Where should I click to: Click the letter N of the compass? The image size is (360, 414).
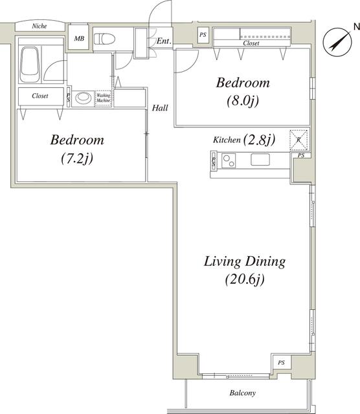[355, 26]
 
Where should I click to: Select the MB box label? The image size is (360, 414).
[79, 39]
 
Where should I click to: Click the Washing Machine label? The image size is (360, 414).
[104, 98]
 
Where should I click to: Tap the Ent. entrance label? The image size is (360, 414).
[164, 41]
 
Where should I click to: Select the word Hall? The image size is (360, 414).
[160, 108]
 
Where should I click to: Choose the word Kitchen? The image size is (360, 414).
[227, 140]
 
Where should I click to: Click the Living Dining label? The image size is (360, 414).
[245, 262]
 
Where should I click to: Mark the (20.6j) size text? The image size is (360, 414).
[245, 280]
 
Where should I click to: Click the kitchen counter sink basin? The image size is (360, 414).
[262, 160]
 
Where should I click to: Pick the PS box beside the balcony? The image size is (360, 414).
[281, 363]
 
